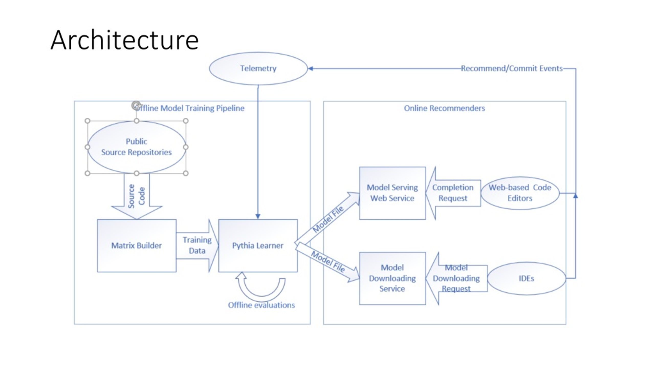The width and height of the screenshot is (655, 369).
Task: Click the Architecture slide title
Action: [x=125, y=40]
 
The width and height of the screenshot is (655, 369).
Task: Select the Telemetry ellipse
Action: [x=258, y=68]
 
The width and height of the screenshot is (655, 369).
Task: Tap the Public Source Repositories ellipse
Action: [x=136, y=147]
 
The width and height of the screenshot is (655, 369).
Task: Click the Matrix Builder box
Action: [x=137, y=245]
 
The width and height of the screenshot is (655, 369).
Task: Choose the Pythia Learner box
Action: [x=258, y=245]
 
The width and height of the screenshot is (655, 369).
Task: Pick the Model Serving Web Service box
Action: [x=392, y=193]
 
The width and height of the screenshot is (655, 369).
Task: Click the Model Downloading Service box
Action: [x=392, y=278]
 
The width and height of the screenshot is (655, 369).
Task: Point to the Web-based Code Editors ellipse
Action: [x=520, y=193]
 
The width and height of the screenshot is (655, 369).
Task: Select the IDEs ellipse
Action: [x=526, y=278]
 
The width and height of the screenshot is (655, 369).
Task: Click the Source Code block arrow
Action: [x=137, y=196]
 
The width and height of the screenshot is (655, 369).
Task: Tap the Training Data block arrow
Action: [x=197, y=245]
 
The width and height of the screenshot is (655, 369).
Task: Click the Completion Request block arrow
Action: [x=453, y=193]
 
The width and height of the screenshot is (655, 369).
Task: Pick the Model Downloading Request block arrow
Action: [x=456, y=278]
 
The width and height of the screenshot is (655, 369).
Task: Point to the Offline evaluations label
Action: [x=261, y=305]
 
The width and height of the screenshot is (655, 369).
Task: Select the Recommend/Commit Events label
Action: [x=512, y=68]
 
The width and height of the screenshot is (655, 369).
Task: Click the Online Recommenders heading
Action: [x=444, y=108]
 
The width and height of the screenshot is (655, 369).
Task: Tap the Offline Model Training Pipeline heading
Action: [x=189, y=108]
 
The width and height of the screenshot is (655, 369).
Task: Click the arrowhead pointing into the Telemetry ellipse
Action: [x=310, y=68]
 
